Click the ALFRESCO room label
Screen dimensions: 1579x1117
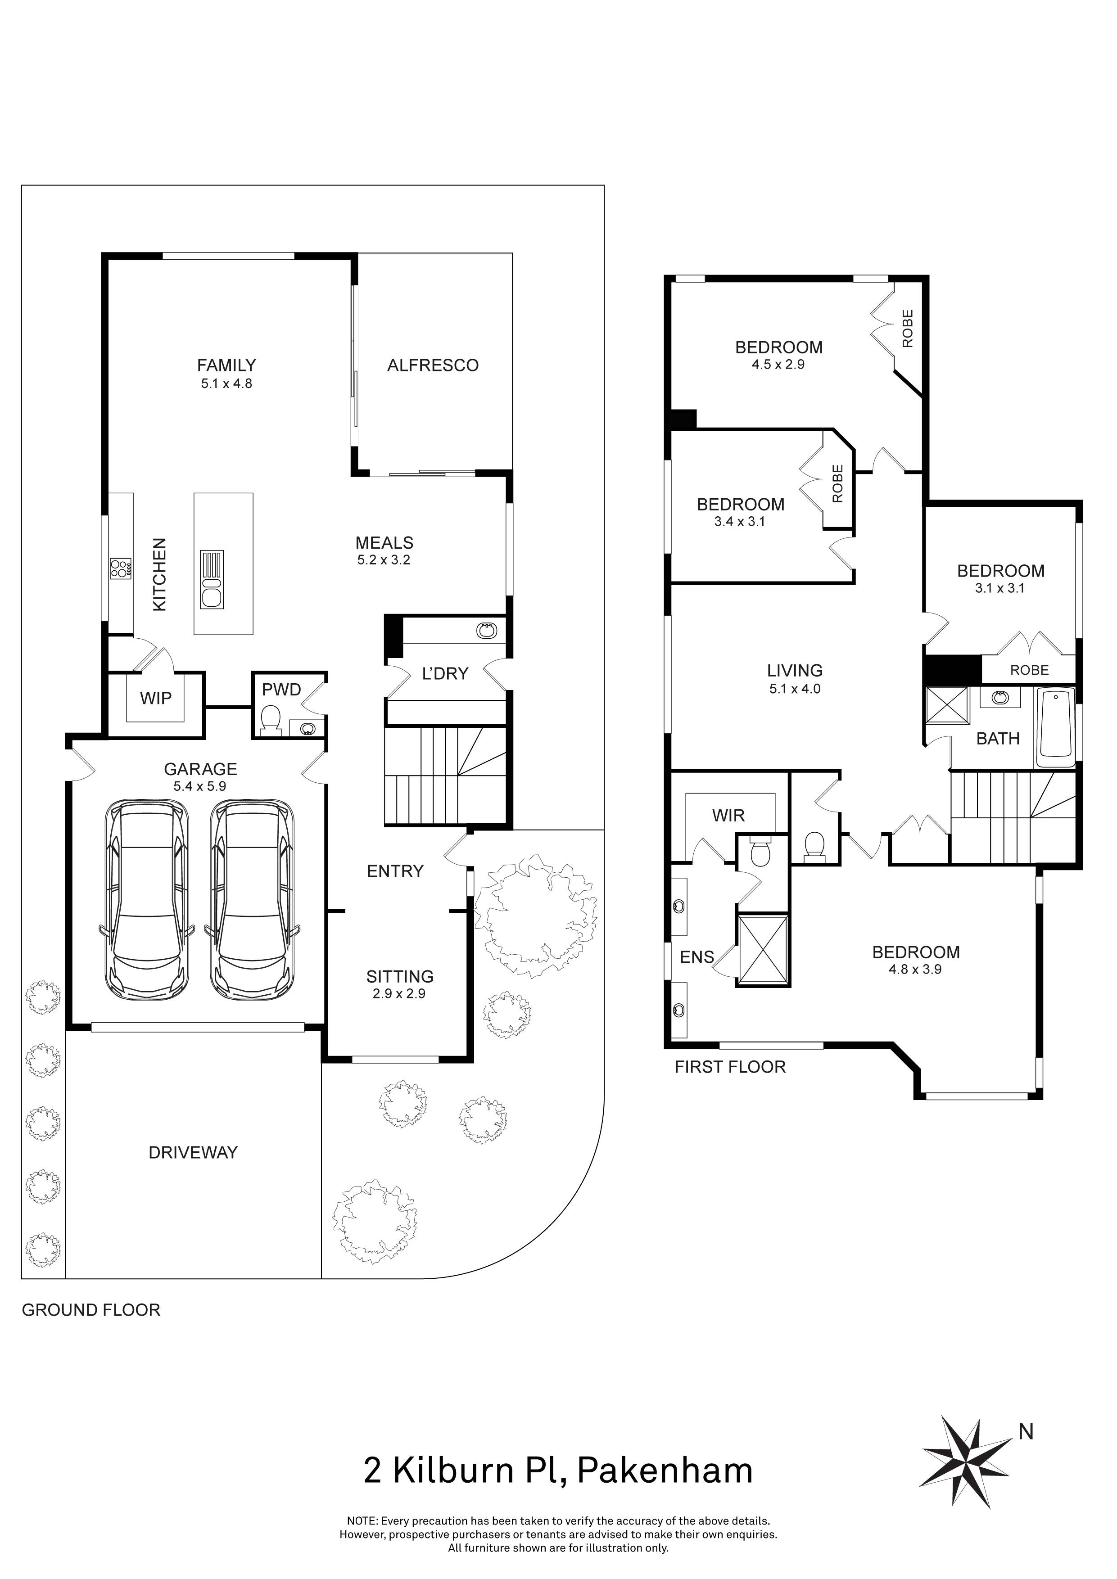(433, 365)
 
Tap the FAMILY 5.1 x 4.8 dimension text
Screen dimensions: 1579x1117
(226, 384)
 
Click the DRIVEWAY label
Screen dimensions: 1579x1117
(193, 1153)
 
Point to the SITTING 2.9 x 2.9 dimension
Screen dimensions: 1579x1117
(399, 994)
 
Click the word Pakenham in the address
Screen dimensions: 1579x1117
(665, 1471)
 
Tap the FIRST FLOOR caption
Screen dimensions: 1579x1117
(730, 1067)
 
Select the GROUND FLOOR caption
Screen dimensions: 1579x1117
(91, 1310)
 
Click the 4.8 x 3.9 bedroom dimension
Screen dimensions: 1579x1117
(915, 970)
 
